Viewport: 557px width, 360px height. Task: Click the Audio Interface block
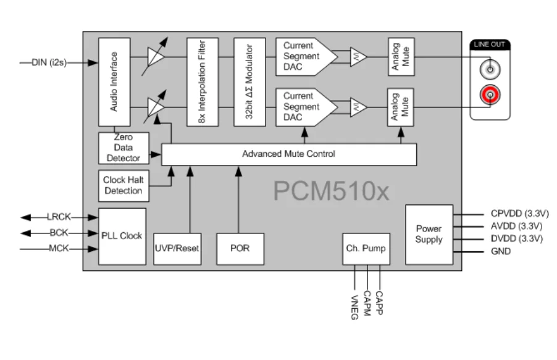114,82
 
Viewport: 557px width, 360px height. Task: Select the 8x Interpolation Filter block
203,82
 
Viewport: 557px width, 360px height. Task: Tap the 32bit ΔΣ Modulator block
249,82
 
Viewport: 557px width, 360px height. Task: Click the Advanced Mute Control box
288,154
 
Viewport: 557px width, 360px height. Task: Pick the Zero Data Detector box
124,148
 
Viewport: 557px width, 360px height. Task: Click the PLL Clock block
122,236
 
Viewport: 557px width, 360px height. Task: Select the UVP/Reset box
177,248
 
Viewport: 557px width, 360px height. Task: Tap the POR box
240,248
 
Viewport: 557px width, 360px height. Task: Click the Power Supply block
429,233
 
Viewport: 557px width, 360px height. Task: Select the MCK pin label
59,249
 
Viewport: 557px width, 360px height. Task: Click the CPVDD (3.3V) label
516,214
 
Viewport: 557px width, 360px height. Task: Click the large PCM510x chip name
331,191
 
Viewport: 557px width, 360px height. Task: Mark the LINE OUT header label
490,44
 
